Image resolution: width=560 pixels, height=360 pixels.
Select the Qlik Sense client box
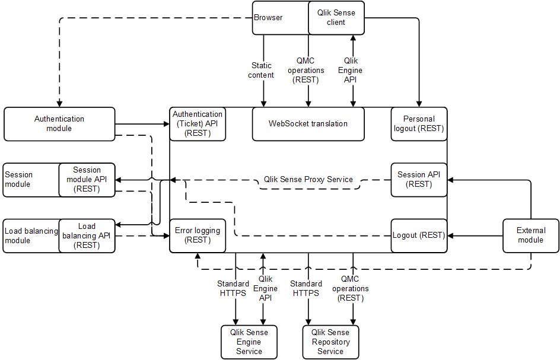tap(336, 18)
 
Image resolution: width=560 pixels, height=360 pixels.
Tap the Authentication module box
tap(59, 124)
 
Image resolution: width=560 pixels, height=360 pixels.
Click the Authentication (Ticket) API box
tap(198, 124)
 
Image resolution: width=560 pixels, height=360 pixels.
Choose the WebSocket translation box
tap(308, 124)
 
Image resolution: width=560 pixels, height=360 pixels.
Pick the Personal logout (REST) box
tap(419, 124)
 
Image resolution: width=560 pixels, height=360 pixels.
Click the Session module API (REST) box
tap(87, 180)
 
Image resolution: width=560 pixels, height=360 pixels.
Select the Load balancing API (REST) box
tap(87, 235)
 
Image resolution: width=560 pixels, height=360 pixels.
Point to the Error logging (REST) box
tap(198, 235)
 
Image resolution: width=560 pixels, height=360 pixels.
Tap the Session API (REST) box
tap(419, 180)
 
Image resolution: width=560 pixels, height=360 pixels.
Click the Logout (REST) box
tap(419, 235)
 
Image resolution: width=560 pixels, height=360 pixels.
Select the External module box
tap(530, 235)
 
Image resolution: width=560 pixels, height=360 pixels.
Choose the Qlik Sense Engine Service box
tap(249, 342)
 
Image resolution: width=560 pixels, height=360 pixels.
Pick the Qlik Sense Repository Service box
tap(330, 342)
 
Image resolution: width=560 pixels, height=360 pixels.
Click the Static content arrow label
tap(262, 71)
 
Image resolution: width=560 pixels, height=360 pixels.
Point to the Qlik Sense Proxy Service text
tap(308, 180)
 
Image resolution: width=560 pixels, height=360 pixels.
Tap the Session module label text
tap(19, 180)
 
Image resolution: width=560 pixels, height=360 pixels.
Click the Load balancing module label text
tap(31, 235)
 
